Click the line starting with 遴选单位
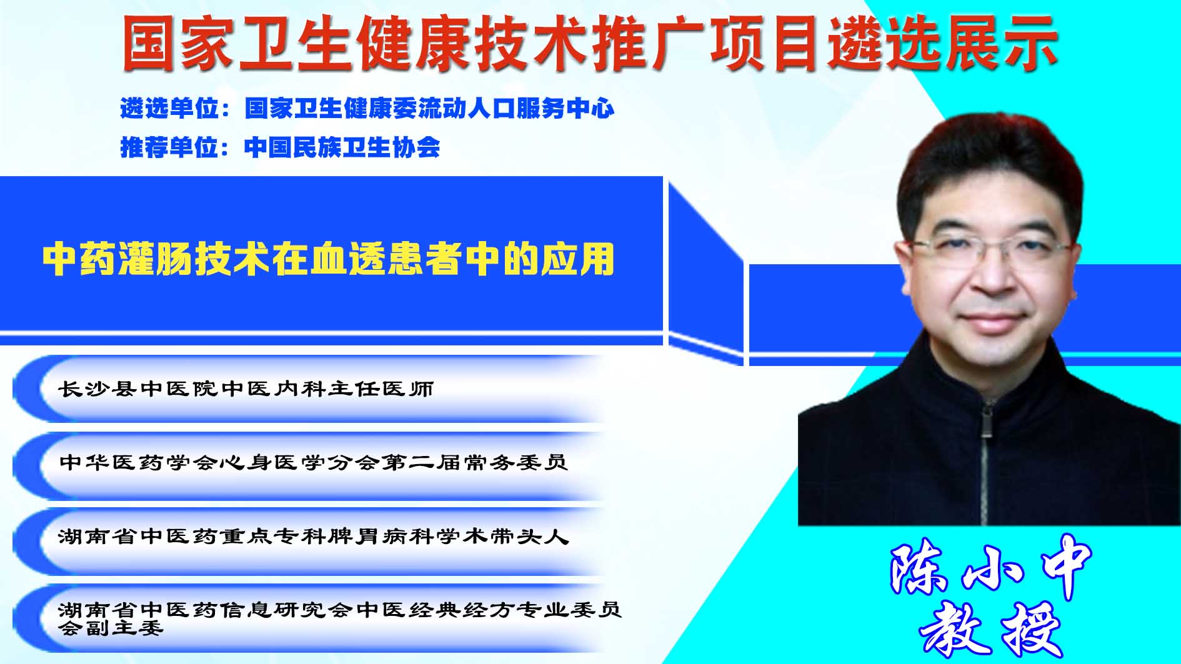(367, 109)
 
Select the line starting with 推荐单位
(280, 147)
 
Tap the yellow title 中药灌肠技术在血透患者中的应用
(329, 259)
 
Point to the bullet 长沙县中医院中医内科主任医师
(246, 389)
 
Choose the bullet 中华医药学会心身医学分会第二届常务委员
(313, 462)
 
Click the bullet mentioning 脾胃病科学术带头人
(313, 536)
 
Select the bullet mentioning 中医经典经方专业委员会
(340, 618)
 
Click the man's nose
(992, 273)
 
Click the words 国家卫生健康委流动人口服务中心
(430, 109)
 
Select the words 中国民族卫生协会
(342, 147)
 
